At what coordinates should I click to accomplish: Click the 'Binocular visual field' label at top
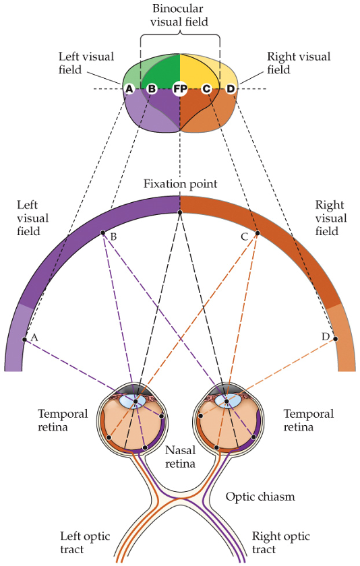(x=179, y=14)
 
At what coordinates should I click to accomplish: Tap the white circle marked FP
(x=179, y=89)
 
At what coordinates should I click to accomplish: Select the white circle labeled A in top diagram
(x=128, y=89)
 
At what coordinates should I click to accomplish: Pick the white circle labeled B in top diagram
(x=152, y=89)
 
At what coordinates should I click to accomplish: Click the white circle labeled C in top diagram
(x=206, y=89)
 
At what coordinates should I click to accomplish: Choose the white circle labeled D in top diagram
(x=231, y=89)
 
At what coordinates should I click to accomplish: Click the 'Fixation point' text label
(x=179, y=183)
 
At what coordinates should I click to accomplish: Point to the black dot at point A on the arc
(x=24, y=339)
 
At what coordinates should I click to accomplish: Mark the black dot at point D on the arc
(x=335, y=340)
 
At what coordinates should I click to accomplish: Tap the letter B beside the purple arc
(x=113, y=237)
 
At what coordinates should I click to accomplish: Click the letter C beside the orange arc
(x=245, y=237)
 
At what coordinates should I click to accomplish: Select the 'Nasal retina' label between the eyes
(x=180, y=457)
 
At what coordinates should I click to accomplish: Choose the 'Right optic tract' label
(x=281, y=543)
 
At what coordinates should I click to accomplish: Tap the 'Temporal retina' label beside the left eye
(x=63, y=420)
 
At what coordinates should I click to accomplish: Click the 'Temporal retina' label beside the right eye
(x=308, y=420)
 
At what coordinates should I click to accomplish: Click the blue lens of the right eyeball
(x=227, y=402)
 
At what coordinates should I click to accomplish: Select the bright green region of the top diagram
(x=162, y=71)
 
